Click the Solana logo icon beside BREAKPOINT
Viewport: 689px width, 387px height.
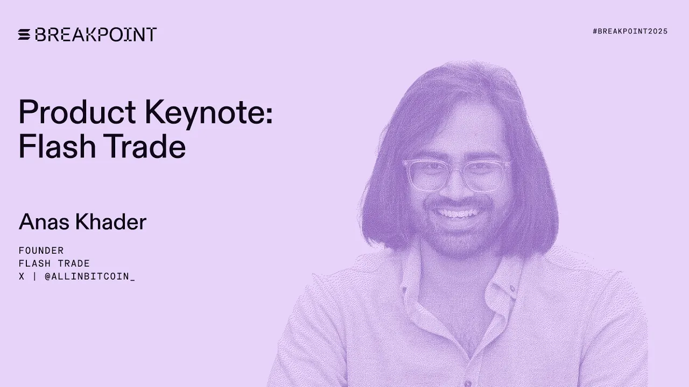(x=25, y=35)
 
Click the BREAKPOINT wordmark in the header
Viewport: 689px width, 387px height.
(x=96, y=35)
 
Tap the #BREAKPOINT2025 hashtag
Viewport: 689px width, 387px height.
(x=630, y=32)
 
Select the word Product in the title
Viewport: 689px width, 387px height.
(x=77, y=113)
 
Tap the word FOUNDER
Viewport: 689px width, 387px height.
(x=41, y=250)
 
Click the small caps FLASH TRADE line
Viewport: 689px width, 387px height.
(x=54, y=263)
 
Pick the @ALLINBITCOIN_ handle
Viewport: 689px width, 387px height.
(x=89, y=276)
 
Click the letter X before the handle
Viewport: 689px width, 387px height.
(x=22, y=276)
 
